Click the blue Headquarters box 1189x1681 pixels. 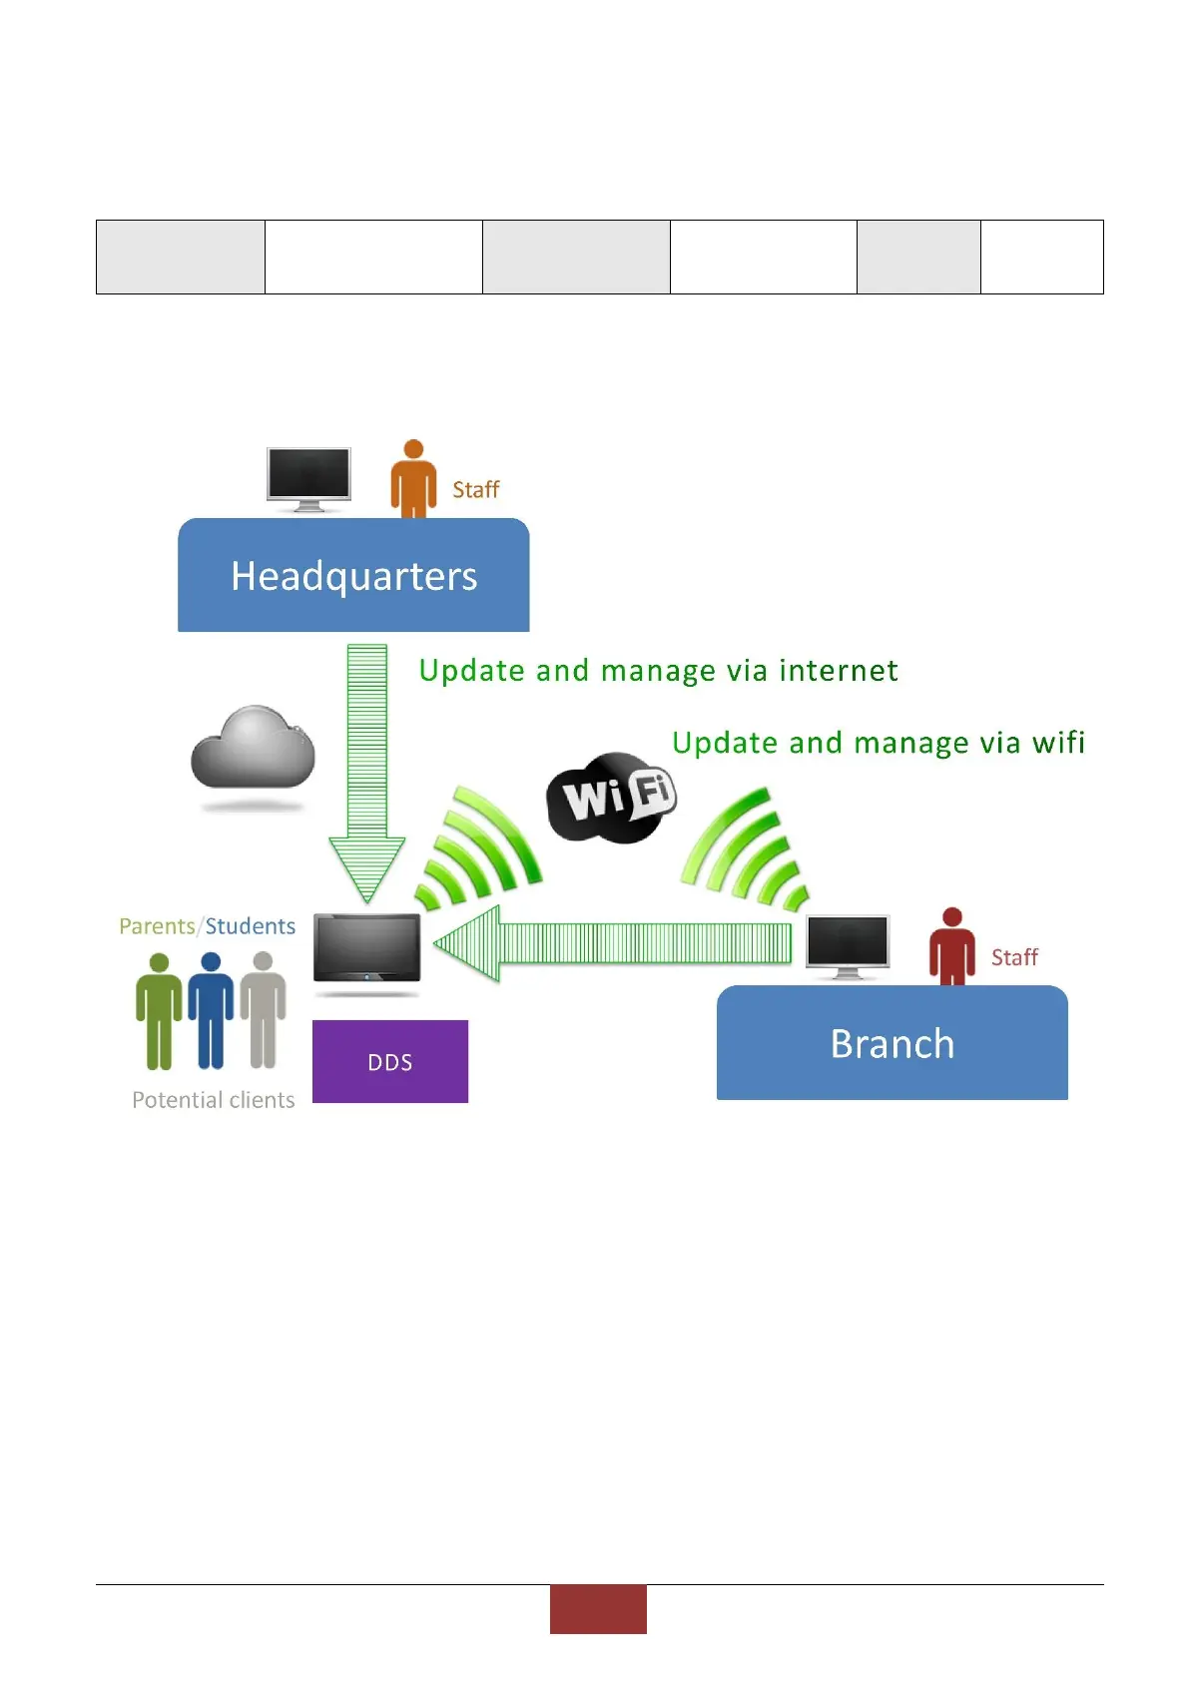tap(353, 575)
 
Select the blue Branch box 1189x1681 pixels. tap(892, 1043)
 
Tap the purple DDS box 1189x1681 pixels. tap(389, 1061)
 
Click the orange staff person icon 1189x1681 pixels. tap(412, 480)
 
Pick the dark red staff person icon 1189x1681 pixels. tap(951, 947)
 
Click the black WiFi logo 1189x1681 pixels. tap(612, 797)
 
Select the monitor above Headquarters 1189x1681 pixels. tap(308, 477)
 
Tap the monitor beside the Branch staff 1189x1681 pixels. tap(848, 944)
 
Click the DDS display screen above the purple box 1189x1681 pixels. tap(366, 948)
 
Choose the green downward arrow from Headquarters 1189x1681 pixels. tap(366, 769)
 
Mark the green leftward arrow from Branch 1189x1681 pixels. tap(614, 942)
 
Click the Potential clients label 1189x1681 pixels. tap(214, 1100)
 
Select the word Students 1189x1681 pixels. tap(251, 926)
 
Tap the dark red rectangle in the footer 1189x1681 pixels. tap(598, 1609)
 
